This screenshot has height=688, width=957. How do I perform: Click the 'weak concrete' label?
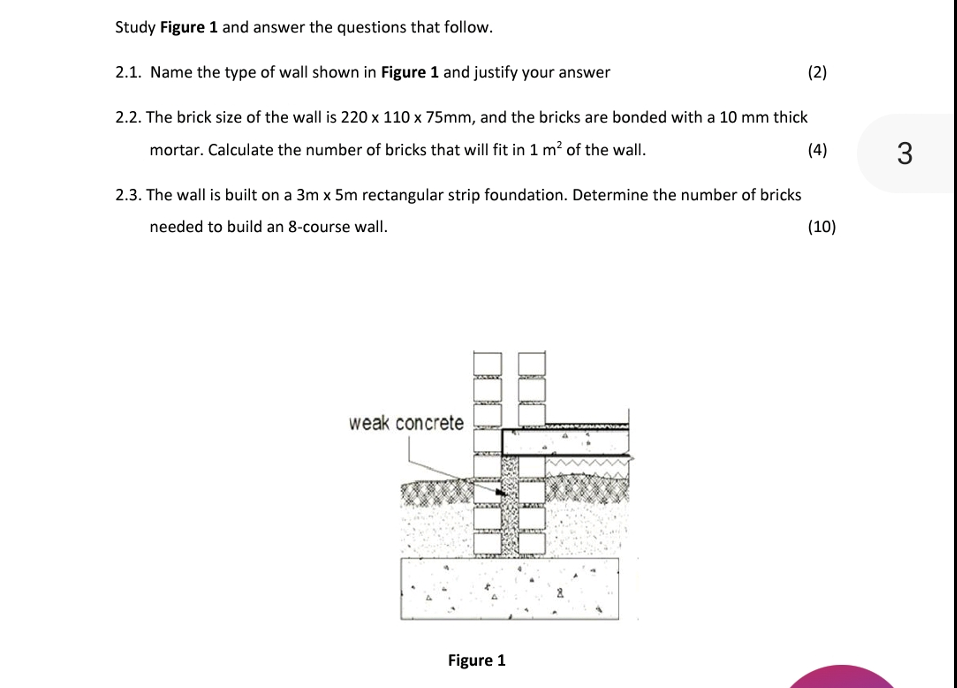(406, 423)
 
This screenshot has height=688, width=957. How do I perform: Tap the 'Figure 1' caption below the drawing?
(476, 660)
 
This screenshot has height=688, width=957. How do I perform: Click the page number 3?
(905, 153)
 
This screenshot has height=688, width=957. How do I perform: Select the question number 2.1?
(128, 73)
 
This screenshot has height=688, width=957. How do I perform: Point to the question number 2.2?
(128, 117)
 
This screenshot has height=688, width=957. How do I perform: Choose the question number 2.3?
(128, 195)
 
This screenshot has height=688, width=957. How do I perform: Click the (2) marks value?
(817, 73)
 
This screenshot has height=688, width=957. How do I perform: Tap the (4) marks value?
(817, 150)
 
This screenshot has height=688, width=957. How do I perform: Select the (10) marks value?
(821, 227)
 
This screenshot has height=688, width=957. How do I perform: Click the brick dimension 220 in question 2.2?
(354, 117)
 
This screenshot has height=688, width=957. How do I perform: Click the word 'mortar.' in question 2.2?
(177, 150)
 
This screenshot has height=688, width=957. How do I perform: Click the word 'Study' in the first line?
(135, 27)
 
